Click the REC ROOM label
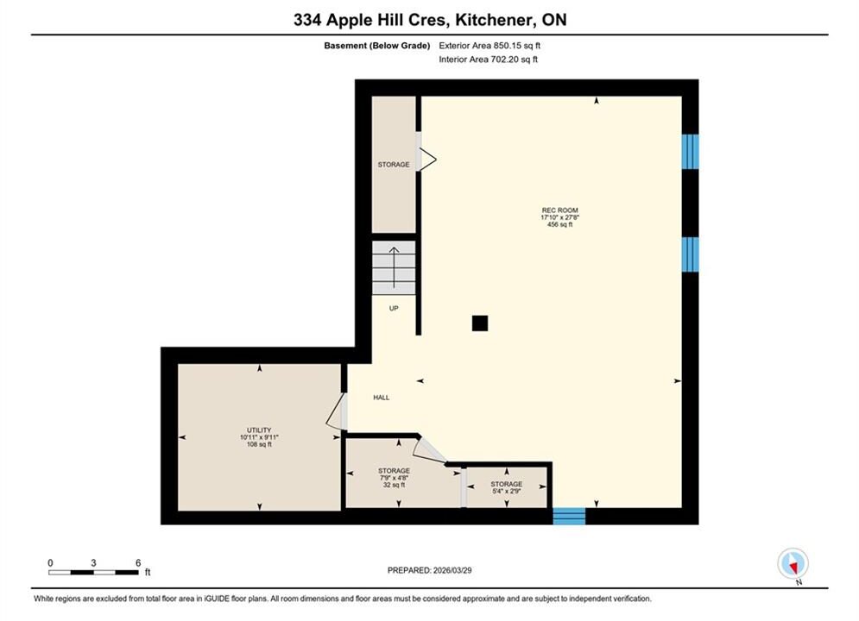[x=560, y=210]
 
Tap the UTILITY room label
[x=259, y=430]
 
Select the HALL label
[x=382, y=398]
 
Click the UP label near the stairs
[x=394, y=308]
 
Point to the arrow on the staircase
[x=394, y=267]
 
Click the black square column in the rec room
[x=480, y=323]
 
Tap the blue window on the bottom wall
[x=569, y=516]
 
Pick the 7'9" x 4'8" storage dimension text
[x=394, y=478]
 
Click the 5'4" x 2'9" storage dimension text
[x=506, y=492]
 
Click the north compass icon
[x=793, y=563]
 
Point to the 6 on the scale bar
[x=138, y=562]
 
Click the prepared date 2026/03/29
[x=452, y=570]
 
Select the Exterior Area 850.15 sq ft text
[x=490, y=46]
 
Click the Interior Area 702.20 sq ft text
[x=488, y=60]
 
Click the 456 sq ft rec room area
[x=560, y=224]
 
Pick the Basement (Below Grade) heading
[x=377, y=46]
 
